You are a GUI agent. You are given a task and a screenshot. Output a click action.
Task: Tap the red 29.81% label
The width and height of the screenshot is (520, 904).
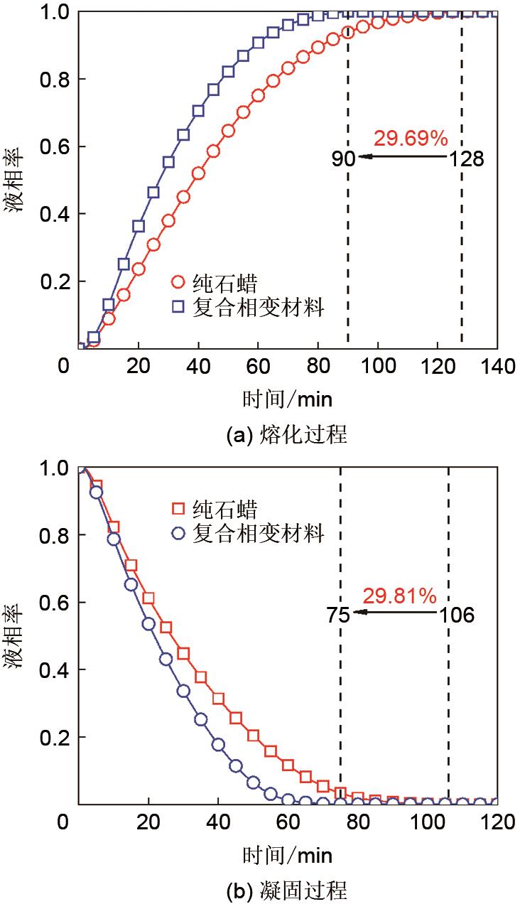click(399, 596)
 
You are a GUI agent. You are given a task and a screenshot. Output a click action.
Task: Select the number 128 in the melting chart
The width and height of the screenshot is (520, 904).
click(466, 158)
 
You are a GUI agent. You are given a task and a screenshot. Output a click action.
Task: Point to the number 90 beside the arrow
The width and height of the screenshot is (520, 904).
click(343, 158)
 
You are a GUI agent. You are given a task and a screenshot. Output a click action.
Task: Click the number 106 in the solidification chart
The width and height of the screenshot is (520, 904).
click(456, 615)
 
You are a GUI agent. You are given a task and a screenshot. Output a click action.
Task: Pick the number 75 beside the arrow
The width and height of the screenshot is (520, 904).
click(338, 615)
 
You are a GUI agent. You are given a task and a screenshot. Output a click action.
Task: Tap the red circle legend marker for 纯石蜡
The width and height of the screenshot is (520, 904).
click(178, 282)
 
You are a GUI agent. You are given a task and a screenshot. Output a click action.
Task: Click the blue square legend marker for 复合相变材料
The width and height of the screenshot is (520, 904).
click(178, 308)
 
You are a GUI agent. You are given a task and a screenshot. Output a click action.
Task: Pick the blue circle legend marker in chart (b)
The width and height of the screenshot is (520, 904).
click(179, 532)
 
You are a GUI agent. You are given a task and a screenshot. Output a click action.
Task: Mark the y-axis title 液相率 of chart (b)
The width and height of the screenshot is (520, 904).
click(17, 636)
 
